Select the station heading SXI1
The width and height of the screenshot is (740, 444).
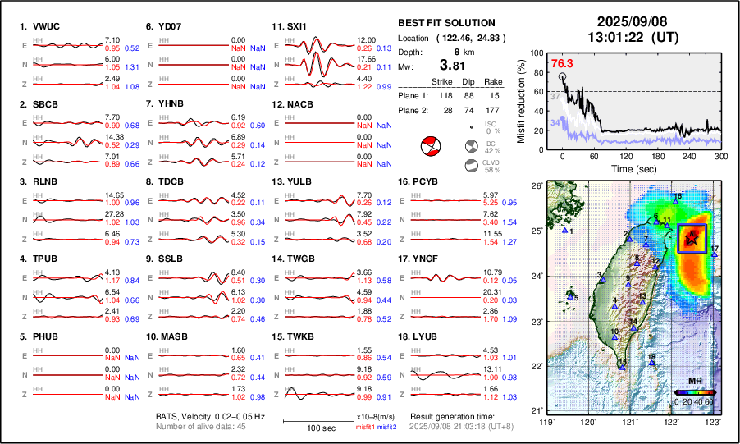(x=295, y=26)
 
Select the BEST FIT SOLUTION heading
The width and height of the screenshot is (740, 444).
(x=446, y=23)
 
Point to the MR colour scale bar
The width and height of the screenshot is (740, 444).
(x=693, y=392)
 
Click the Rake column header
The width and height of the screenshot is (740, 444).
(x=492, y=82)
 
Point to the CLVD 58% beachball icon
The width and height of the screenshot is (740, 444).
(x=471, y=166)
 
